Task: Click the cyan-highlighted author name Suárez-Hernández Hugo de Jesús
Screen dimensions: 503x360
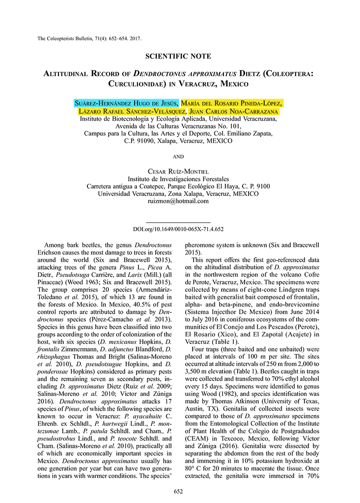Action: pos(127,103)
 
